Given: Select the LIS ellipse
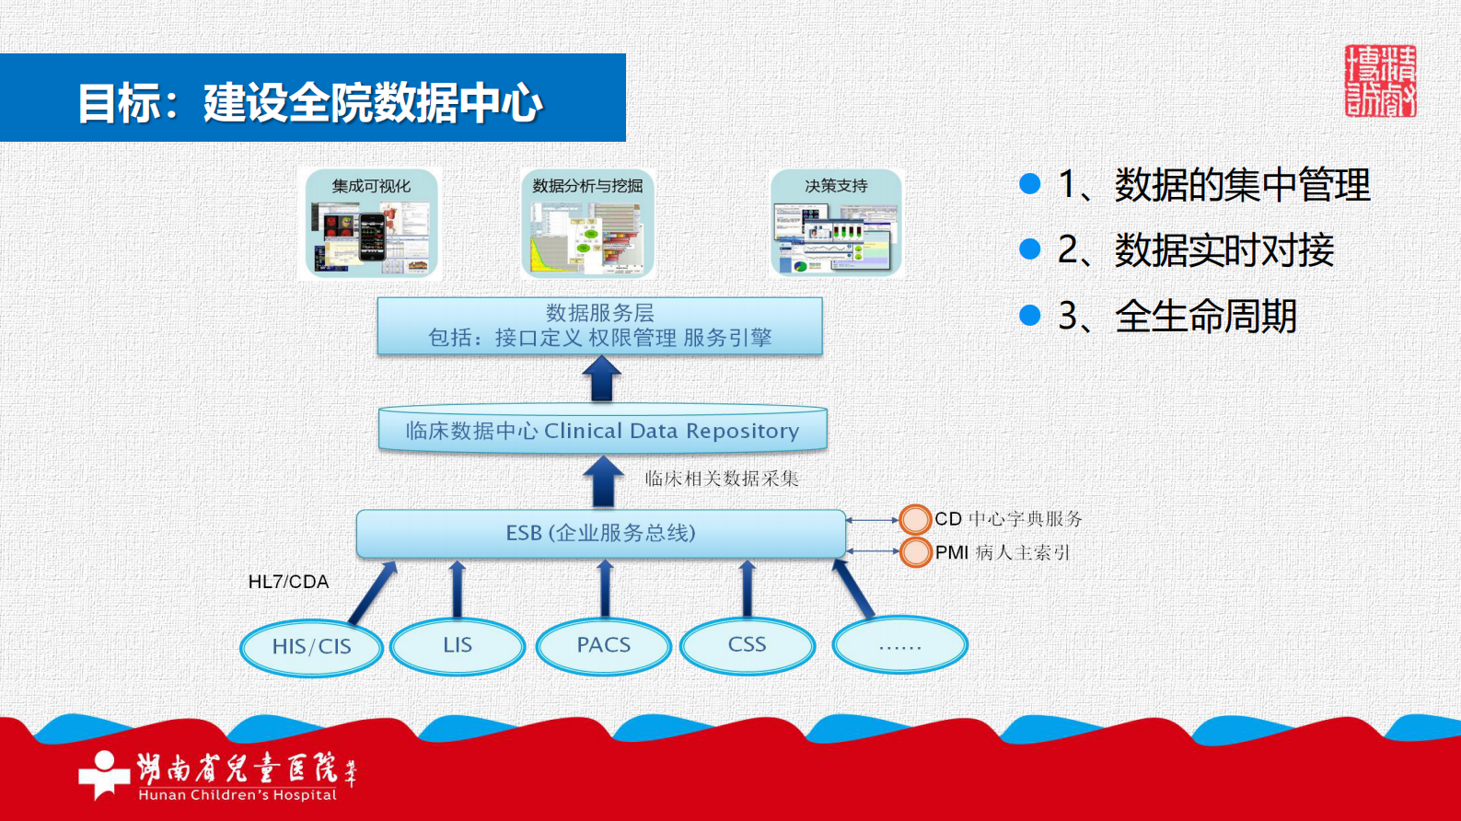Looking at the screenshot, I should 458,645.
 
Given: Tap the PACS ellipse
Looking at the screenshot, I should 604,645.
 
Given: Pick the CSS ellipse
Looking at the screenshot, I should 748,644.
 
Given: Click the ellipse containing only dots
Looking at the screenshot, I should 899,645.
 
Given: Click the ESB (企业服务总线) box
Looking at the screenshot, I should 600,534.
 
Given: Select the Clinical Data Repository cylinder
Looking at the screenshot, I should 602,430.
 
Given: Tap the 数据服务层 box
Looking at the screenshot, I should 599,326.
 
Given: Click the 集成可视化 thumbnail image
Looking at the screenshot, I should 371,224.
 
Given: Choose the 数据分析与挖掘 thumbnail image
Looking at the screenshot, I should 587,224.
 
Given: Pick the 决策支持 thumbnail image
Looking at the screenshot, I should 836,224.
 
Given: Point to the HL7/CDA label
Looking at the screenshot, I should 288,582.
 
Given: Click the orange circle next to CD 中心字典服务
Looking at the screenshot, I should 915,519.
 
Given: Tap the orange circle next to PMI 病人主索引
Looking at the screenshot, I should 915,552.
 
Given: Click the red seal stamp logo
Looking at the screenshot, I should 1380,81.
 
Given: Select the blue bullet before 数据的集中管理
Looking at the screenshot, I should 1030,184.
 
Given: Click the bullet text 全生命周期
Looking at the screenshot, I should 1205,317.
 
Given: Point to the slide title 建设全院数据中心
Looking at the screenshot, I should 373,102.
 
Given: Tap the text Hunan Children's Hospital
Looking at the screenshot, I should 238,795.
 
